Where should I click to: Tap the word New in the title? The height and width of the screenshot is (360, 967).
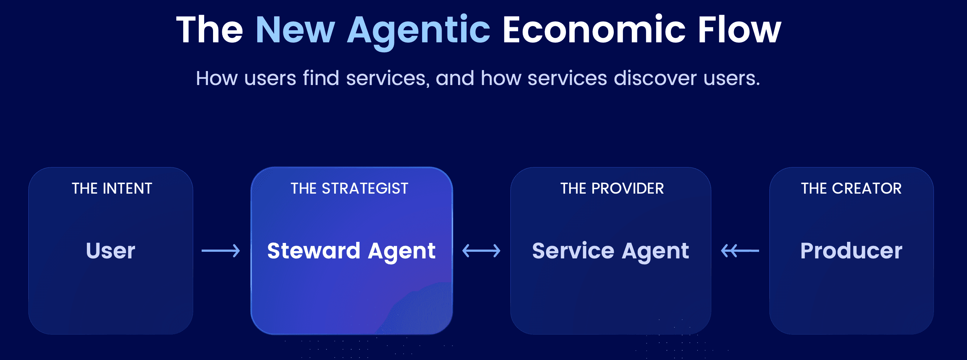pos(295,30)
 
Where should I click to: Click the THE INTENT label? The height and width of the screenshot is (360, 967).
pos(112,188)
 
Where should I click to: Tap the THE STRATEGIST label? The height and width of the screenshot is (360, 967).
pos(350,188)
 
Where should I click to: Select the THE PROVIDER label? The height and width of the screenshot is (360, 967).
pos(612,188)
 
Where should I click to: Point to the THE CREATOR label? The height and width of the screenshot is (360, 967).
pos(851,188)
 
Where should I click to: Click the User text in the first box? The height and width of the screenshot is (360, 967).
pos(110,251)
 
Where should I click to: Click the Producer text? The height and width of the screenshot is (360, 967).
pos(851,251)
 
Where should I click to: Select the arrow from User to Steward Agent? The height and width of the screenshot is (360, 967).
pos(221,251)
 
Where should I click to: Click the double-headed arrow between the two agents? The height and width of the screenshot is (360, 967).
pos(481,251)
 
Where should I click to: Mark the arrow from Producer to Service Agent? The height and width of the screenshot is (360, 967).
pos(740,251)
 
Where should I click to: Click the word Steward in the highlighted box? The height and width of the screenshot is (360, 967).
pos(314,251)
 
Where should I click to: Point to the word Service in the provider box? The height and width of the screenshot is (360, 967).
pos(573,251)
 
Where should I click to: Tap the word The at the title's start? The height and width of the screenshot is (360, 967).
pos(210,30)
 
